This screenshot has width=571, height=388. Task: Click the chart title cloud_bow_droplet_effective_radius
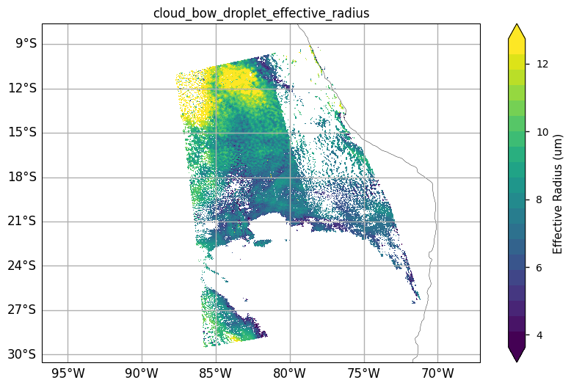[x=261, y=13]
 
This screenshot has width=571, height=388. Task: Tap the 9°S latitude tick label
[x=26, y=44]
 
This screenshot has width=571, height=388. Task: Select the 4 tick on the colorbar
[x=539, y=335]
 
